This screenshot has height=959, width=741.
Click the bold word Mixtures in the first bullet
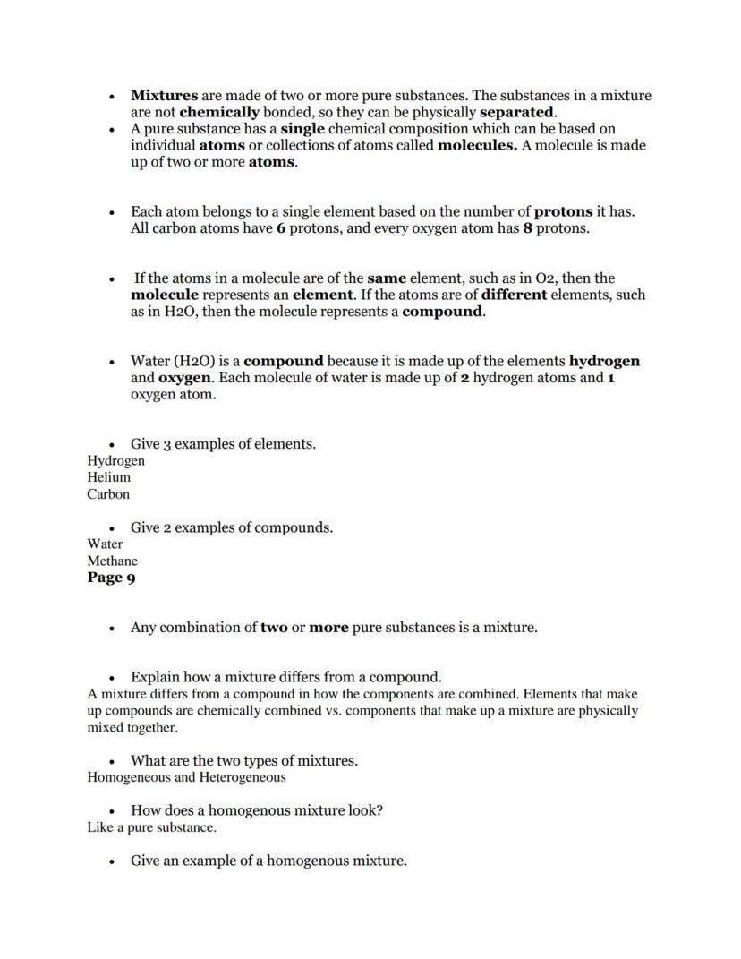[x=164, y=95]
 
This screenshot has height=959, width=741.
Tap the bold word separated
[x=517, y=112]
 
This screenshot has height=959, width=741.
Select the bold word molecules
[x=477, y=145]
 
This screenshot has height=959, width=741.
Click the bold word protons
[x=563, y=211]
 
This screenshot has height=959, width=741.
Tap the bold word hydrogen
[x=604, y=361]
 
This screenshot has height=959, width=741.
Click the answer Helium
[x=108, y=477]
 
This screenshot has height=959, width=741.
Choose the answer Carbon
[x=108, y=494]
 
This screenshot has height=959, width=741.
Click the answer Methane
[x=112, y=561]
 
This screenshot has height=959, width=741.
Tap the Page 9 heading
[x=111, y=578]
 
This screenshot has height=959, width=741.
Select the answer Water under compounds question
[x=105, y=544]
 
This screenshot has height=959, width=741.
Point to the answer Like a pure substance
[x=151, y=827]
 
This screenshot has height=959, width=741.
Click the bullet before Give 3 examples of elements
[x=112, y=445]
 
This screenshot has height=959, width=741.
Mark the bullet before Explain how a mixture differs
[x=112, y=678]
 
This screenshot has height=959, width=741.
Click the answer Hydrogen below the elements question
[x=115, y=460]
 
